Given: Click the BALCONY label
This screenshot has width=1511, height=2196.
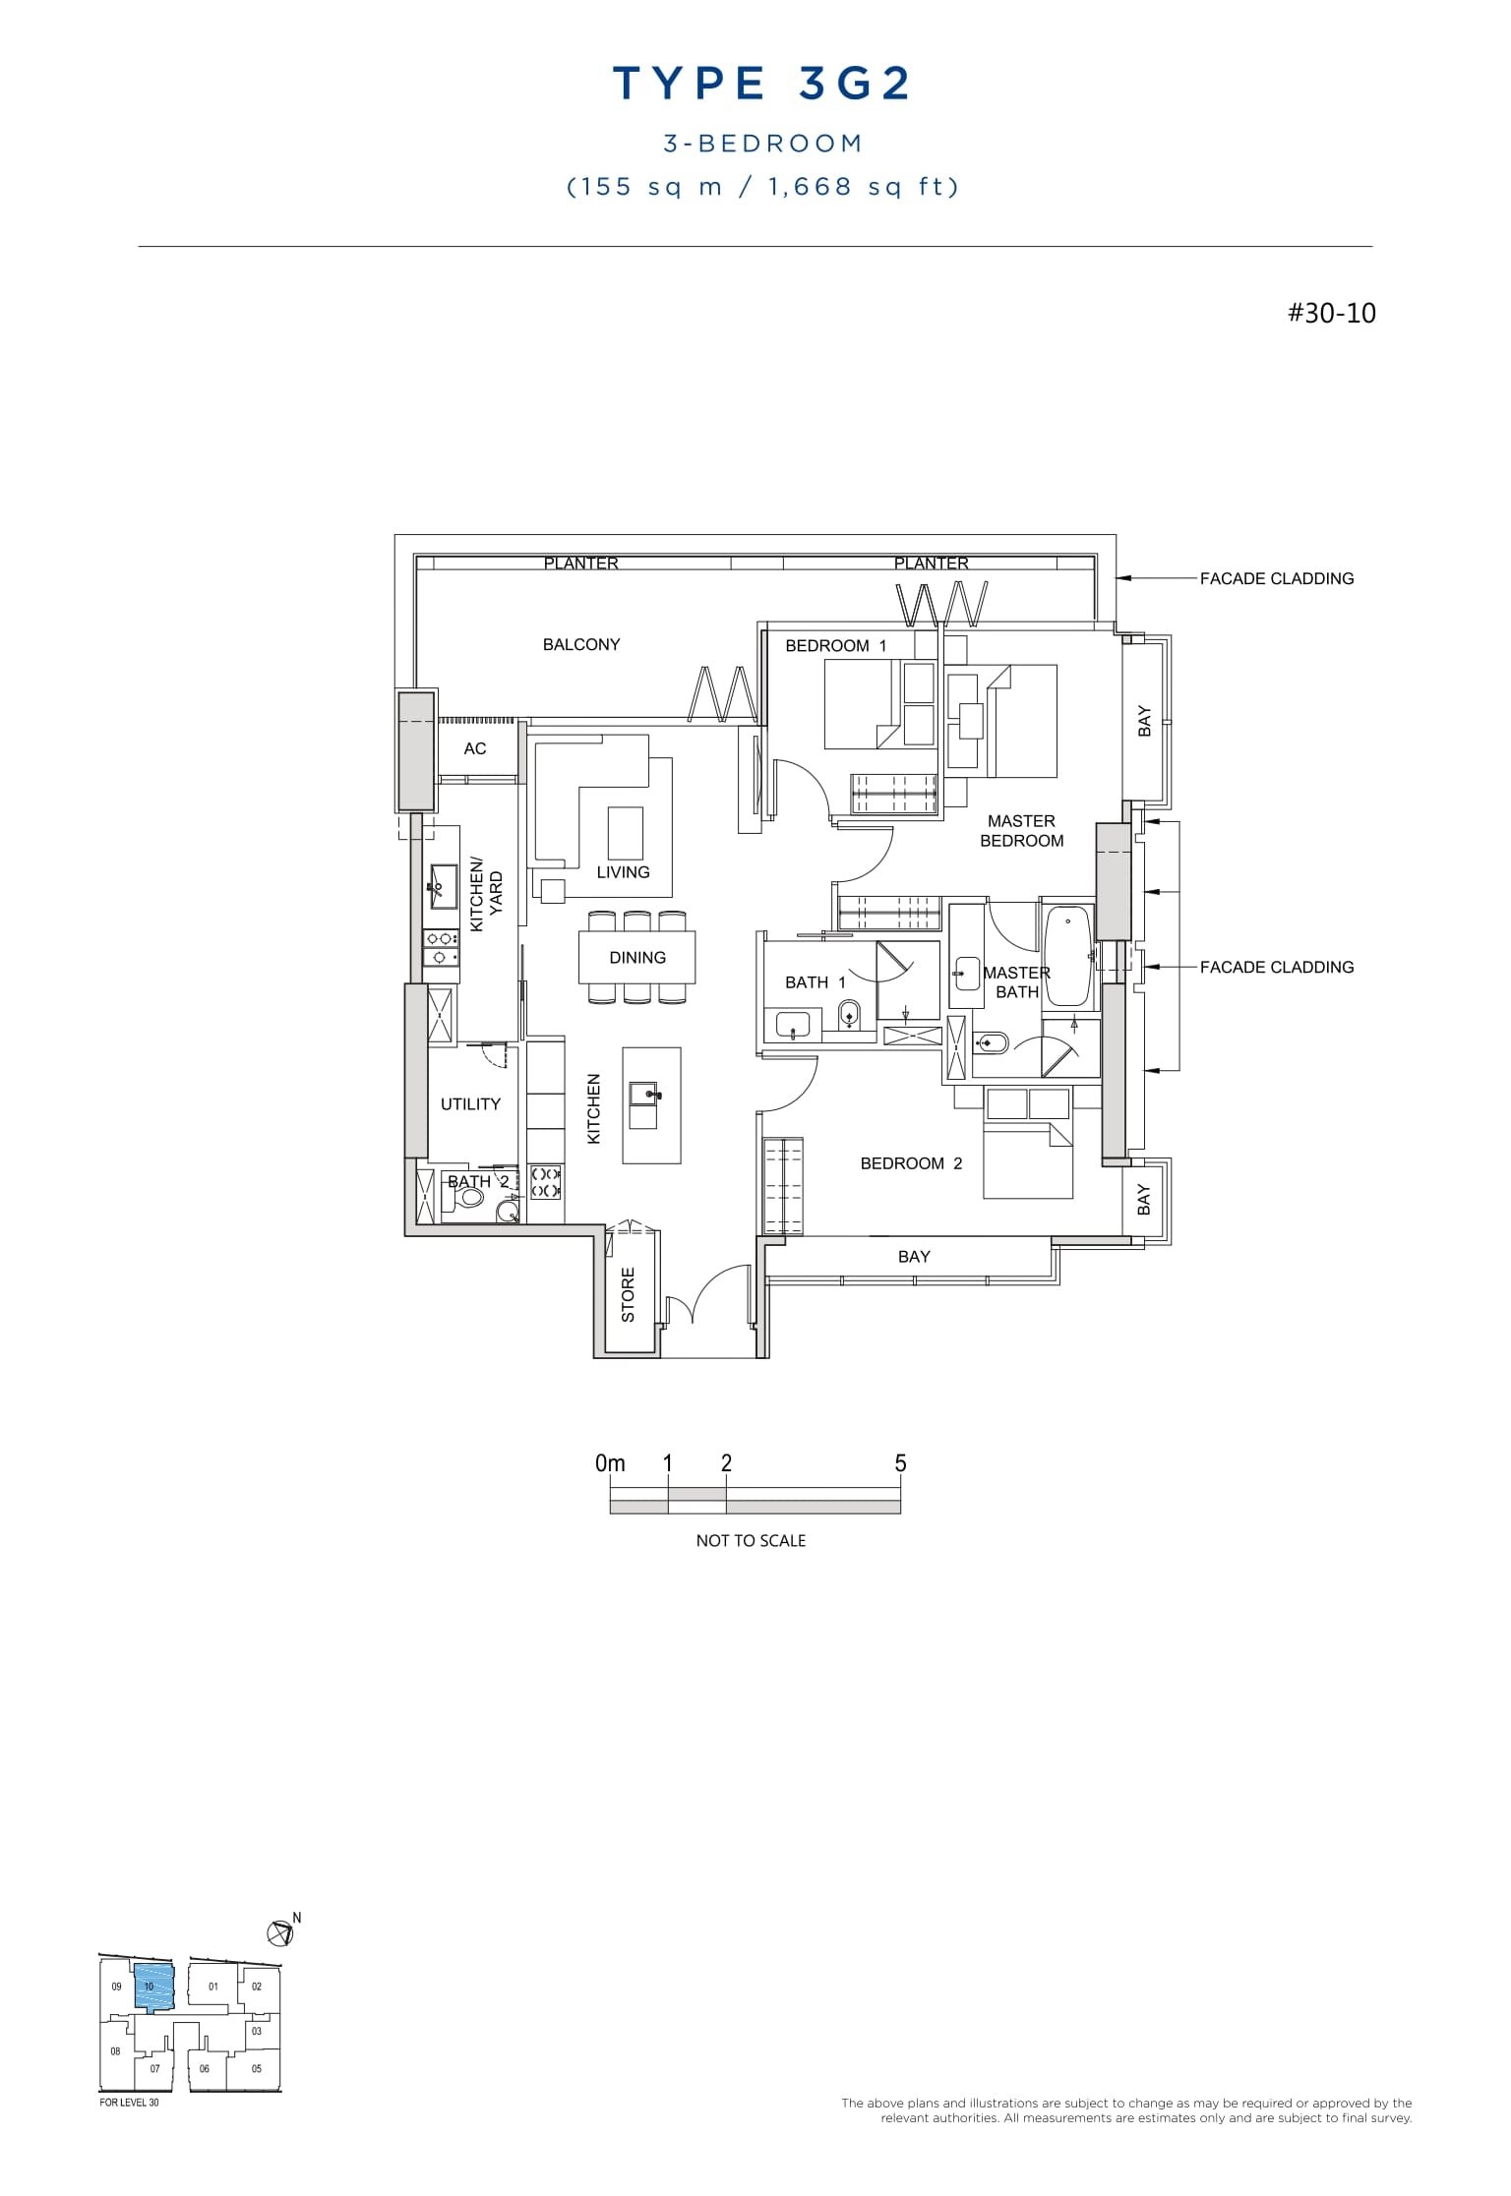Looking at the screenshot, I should tap(581, 644).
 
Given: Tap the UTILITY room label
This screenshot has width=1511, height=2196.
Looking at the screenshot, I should tap(470, 1104).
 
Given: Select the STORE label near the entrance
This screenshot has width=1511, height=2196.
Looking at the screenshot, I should tap(628, 1294).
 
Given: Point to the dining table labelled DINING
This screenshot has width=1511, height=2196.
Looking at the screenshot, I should tap(637, 957).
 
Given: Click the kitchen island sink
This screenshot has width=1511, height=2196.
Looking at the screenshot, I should tap(645, 1093).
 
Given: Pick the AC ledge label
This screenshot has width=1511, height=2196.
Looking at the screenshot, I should tap(475, 748).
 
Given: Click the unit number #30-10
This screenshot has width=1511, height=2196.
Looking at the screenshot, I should tap(1331, 314).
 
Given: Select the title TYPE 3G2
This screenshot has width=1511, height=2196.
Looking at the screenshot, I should tap(762, 85).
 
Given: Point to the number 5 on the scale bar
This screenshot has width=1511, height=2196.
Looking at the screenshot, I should tap(900, 1463).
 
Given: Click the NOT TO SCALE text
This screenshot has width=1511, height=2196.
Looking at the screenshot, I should tap(751, 1541).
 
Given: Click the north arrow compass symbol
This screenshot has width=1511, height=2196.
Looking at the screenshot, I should tap(280, 1932).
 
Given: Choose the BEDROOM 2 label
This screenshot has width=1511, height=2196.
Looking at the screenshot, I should tap(911, 1163).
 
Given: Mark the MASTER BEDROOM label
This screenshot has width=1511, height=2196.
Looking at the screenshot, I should tap(1021, 831).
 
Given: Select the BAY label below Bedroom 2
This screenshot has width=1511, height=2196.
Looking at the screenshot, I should tap(914, 1257).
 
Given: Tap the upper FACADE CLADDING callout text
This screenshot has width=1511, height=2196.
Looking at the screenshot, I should tap(1276, 578).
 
